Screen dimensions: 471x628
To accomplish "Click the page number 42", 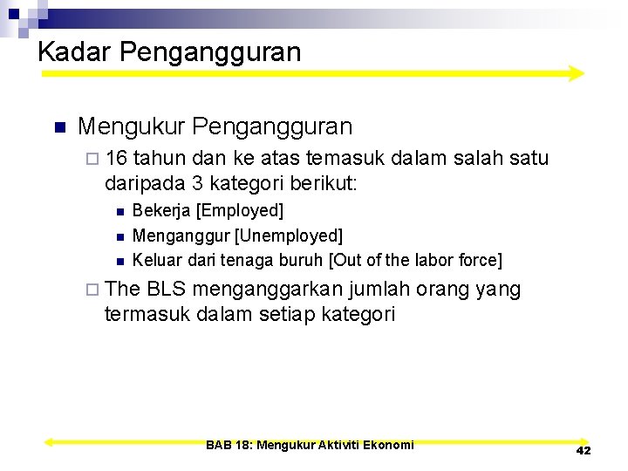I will (x=584, y=450).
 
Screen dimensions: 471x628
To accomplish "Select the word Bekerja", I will (x=162, y=210).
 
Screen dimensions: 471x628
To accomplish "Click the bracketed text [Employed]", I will (x=240, y=210).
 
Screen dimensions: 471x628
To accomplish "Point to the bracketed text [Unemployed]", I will (x=289, y=235).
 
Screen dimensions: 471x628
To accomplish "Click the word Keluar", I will (x=155, y=260).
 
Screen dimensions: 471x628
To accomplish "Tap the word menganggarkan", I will (x=271, y=290).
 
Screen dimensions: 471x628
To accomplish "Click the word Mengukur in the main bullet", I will (x=131, y=126).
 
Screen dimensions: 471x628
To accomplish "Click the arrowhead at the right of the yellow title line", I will (x=575, y=74).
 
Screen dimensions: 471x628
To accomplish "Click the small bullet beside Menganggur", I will (x=119, y=236).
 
